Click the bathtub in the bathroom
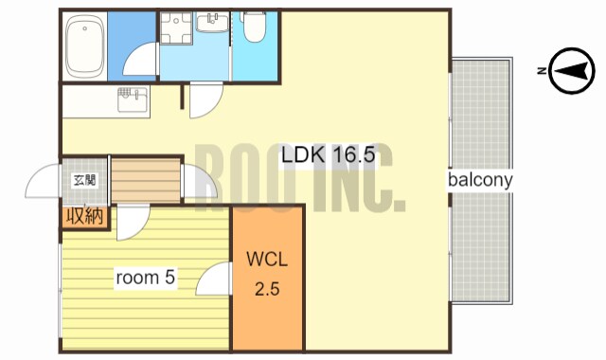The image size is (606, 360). (85, 46)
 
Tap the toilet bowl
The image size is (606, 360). (255, 27)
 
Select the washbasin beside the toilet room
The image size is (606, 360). (212, 22)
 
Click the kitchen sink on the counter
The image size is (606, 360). (133, 99)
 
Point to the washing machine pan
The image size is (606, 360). (176, 27)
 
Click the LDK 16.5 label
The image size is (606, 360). (329, 155)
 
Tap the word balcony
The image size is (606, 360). (480, 180)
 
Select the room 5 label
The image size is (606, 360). (146, 278)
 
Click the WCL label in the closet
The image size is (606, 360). (267, 260)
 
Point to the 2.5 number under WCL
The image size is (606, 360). (267, 288)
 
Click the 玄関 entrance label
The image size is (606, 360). (84, 180)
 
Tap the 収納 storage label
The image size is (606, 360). (85, 217)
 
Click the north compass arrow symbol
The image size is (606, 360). (572, 71)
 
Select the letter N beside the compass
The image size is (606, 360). (542, 71)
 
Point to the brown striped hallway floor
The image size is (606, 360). (146, 179)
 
